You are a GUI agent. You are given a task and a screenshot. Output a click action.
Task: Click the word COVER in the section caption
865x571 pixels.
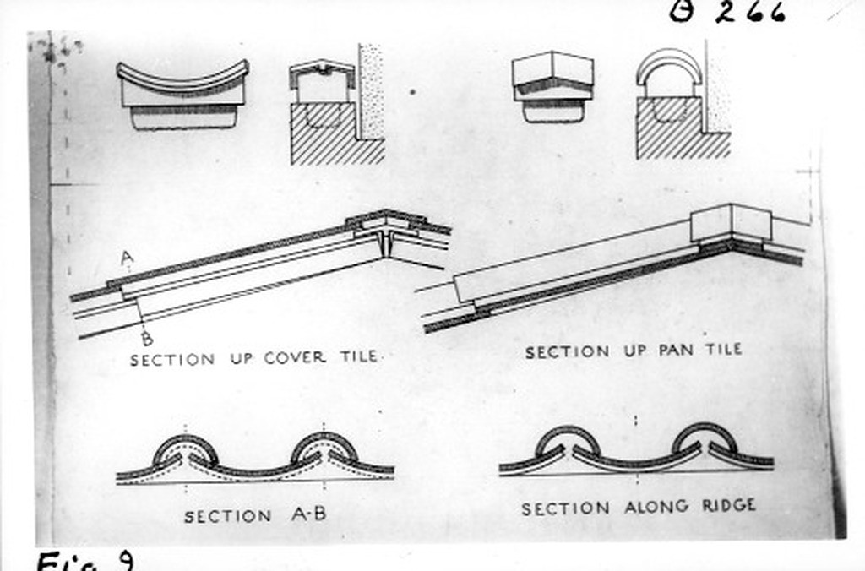tap(295, 358)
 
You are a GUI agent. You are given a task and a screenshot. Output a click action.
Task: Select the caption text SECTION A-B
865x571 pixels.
tap(255, 515)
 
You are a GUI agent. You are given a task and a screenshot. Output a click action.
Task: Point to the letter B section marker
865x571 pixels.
tap(146, 339)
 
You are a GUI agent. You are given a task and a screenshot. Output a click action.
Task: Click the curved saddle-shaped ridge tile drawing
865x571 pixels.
tap(182, 93)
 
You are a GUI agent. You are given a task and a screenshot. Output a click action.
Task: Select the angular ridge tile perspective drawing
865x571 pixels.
tap(552, 85)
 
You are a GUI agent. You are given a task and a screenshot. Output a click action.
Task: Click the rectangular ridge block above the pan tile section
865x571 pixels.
tap(731, 222)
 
